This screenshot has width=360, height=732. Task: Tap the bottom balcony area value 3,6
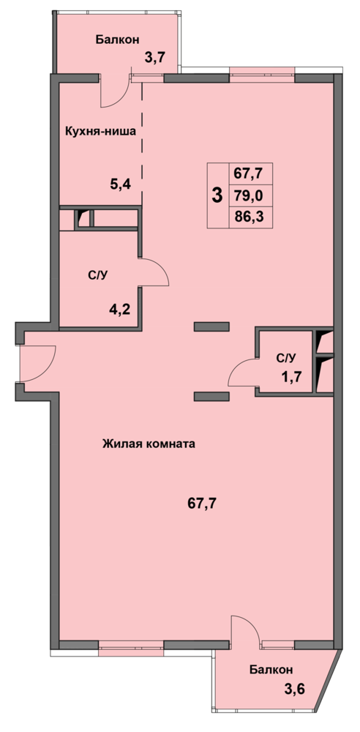(295, 688)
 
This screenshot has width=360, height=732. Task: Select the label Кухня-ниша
(100, 131)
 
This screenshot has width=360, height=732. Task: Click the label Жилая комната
(148, 444)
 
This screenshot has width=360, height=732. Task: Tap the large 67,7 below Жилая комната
(203, 504)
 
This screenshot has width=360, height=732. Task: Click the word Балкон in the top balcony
(117, 40)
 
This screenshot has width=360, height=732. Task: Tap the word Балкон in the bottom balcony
(271, 670)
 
